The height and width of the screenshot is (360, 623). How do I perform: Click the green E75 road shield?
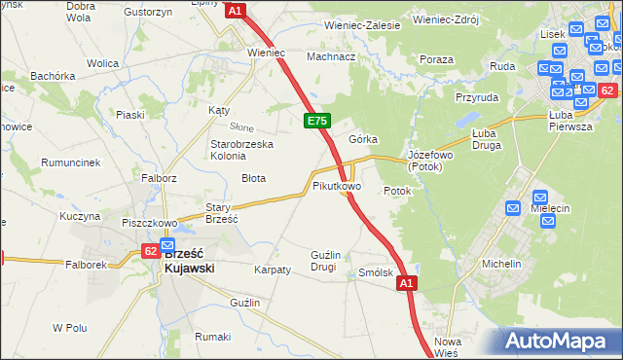(316, 120)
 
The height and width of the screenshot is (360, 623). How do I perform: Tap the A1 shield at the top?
(236, 10)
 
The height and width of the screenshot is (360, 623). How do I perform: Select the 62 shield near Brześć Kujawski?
(150, 250)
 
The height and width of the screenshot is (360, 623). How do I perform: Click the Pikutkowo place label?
(337, 185)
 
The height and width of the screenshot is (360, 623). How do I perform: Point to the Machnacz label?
(330, 56)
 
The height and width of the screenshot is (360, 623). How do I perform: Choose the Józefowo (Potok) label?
(431, 161)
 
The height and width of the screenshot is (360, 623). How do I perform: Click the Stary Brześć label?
(222, 212)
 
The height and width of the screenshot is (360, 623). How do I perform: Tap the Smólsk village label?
(376, 273)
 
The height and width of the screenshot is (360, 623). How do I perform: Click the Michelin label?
(501, 264)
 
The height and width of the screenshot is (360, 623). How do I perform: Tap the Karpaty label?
(273, 270)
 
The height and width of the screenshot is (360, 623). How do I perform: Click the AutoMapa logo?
(559, 342)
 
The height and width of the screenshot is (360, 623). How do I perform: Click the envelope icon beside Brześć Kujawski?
(167, 245)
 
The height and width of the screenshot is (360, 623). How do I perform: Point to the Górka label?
(363, 139)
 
